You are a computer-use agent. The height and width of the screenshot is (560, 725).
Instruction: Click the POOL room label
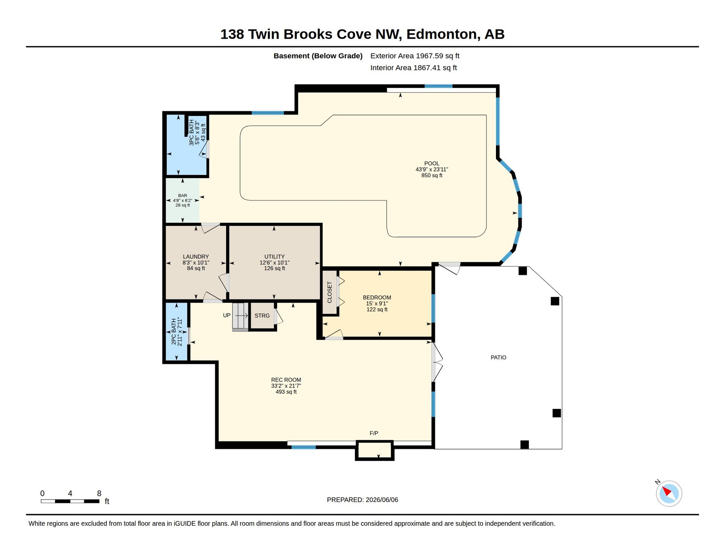(432, 164)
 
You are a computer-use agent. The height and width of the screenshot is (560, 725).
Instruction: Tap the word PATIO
(499, 358)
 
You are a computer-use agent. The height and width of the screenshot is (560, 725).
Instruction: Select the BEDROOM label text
(377, 297)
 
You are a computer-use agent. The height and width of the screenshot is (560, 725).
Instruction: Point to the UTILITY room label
(275, 257)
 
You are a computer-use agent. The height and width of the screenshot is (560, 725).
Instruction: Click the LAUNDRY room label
(196, 257)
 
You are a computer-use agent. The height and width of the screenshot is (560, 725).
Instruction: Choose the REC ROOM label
(286, 380)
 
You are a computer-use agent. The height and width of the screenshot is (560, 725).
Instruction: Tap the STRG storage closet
(262, 316)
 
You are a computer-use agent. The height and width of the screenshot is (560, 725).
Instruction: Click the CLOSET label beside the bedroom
(330, 292)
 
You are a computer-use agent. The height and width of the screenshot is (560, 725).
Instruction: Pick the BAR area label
(183, 196)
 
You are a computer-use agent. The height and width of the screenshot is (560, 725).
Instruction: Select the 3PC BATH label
(191, 133)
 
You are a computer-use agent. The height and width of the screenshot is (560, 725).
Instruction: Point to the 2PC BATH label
(174, 332)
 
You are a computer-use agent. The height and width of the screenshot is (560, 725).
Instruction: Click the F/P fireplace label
(374, 433)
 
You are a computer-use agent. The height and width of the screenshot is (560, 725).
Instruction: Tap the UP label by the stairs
(227, 315)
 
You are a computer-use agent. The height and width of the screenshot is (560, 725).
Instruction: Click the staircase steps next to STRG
(240, 317)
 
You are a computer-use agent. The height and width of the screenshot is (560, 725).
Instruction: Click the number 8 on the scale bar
(99, 493)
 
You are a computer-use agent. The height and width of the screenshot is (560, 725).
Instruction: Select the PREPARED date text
(362, 500)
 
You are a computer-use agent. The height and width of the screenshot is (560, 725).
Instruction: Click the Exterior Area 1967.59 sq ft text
(415, 56)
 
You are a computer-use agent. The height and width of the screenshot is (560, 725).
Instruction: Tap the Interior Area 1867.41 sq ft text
(414, 68)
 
